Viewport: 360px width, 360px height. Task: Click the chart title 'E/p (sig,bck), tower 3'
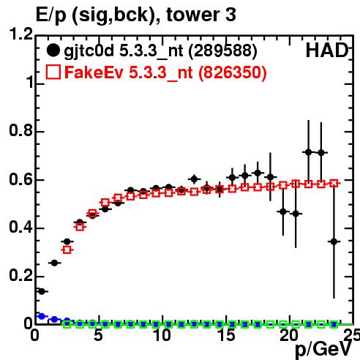coord(136,15)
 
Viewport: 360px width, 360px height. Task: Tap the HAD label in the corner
coord(327,50)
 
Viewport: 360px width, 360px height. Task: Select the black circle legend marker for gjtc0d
coord(53,50)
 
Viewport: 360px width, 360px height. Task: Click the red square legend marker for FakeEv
coord(53,72)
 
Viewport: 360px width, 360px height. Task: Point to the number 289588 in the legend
coord(223,50)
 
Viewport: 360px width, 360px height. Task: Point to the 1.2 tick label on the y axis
coord(20,34)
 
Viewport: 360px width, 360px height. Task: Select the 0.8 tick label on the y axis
coord(20,130)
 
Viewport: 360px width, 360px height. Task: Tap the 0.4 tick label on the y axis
coord(20,227)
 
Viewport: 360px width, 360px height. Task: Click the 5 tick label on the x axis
coord(98,335)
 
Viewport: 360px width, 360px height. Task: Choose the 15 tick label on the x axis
coord(227,335)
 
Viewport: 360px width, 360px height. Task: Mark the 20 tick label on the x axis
coord(289,335)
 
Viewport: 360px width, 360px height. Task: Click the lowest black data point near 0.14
coord(42,291)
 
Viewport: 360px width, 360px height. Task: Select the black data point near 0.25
coord(54,263)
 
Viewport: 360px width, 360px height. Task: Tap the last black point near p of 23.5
coord(334,241)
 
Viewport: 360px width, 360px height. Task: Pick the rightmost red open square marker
coord(334,184)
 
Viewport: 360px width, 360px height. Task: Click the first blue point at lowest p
coord(42,316)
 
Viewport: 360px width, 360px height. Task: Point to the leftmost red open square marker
coord(67,250)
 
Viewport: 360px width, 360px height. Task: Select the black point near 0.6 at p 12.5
coord(194,179)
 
